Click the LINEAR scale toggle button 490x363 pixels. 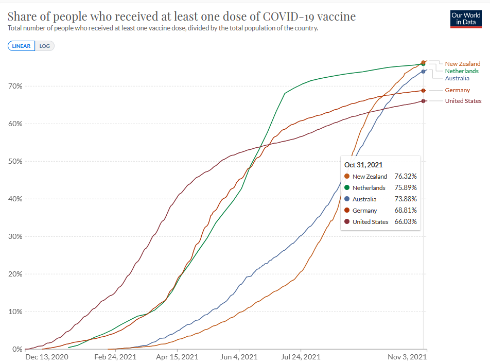(x=22, y=46)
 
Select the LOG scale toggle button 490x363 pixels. (x=45, y=46)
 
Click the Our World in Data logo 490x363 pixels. (x=465, y=19)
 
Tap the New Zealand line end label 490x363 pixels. (x=463, y=64)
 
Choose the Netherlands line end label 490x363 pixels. (x=461, y=71)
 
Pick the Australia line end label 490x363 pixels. (x=457, y=78)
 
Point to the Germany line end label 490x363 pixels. (x=457, y=91)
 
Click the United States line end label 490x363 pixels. (x=463, y=101)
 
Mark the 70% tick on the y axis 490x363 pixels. (x=14, y=86)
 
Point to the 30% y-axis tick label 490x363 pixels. (x=14, y=236)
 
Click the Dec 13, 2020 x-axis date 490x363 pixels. (x=47, y=356)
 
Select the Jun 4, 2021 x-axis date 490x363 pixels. (x=239, y=356)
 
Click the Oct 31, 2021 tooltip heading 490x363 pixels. (x=363, y=165)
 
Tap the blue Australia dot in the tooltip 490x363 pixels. (x=347, y=199)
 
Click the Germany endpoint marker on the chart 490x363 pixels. (x=423, y=91)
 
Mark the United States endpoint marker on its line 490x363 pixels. (x=423, y=101)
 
